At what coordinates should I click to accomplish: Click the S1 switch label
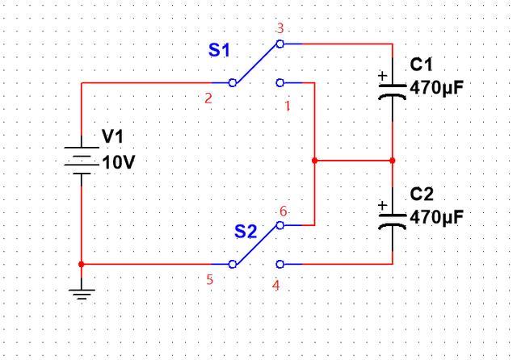219,51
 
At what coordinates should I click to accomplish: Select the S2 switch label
246,232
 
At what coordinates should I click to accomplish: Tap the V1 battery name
113,136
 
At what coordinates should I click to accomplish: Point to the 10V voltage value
119,162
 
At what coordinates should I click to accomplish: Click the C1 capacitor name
421,65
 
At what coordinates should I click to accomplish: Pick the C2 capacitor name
422,195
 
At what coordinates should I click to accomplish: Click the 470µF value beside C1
436,88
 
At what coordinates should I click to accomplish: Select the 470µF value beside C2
436,217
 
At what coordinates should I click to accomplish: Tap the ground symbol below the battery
82,294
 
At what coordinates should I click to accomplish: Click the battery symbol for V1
82,161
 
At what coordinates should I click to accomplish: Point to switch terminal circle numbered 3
280,44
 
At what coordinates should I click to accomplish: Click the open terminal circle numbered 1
280,82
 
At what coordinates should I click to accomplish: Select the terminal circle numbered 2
232,82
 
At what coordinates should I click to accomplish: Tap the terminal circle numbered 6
280,225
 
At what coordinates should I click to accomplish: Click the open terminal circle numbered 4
280,264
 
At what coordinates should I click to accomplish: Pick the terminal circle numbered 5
232,264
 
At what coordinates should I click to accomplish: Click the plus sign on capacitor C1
382,76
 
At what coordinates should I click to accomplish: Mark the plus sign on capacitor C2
382,206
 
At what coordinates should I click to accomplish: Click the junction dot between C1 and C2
393,161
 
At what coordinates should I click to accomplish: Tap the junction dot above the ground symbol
82,264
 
